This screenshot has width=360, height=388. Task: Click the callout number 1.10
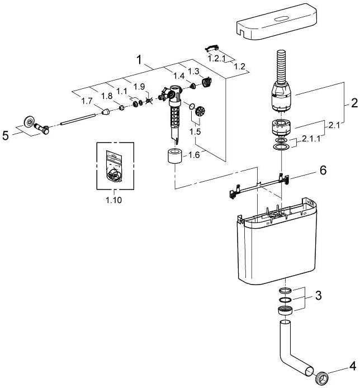[114, 200]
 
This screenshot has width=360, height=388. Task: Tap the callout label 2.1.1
[311, 139]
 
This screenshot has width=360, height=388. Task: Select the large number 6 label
[323, 171]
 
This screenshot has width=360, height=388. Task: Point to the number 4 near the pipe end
[353, 366]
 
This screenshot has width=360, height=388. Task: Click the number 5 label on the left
[6, 136]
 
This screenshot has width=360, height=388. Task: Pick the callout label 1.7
[87, 101]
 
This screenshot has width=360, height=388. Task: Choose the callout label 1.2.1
[217, 59]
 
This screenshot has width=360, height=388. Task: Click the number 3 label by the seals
[318, 295]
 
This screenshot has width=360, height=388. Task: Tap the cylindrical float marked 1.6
[175, 155]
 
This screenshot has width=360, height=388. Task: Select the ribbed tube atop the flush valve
[280, 65]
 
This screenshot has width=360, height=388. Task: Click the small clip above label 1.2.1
[212, 48]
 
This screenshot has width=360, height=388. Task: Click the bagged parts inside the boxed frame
[114, 166]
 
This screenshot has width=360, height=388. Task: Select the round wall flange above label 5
[29, 122]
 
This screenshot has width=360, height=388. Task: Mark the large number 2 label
[354, 103]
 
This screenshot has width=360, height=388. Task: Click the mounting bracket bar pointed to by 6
[259, 186]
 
